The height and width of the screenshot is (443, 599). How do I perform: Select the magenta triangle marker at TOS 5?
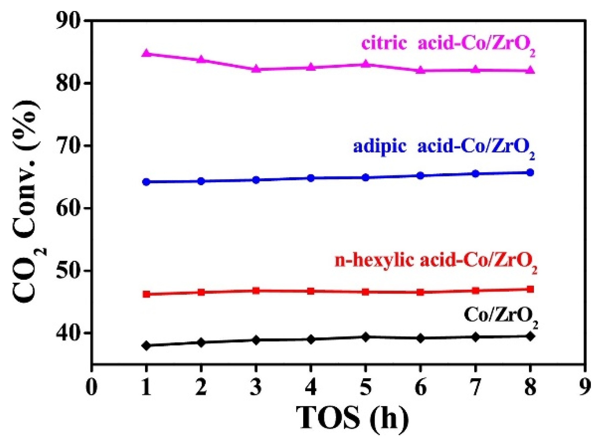pyautogui.click(x=366, y=64)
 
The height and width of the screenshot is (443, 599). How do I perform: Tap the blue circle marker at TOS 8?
pyautogui.click(x=530, y=172)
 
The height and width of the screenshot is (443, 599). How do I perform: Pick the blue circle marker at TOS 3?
pyautogui.click(x=256, y=180)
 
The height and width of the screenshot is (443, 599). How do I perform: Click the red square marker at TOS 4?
pyautogui.click(x=311, y=291)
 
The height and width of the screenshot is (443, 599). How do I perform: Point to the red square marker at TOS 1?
pyautogui.click(x=146, y=294)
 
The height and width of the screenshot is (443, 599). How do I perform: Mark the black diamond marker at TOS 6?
pyautogui.click(x=420, y=339)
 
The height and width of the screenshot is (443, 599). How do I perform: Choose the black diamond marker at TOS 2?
pyautogui.click(x=201, y=343)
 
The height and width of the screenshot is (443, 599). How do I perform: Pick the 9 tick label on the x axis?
pyautogui.click(x=585, y=388)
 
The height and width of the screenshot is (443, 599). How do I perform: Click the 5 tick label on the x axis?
pyautogui.click(x=366, y=388)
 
